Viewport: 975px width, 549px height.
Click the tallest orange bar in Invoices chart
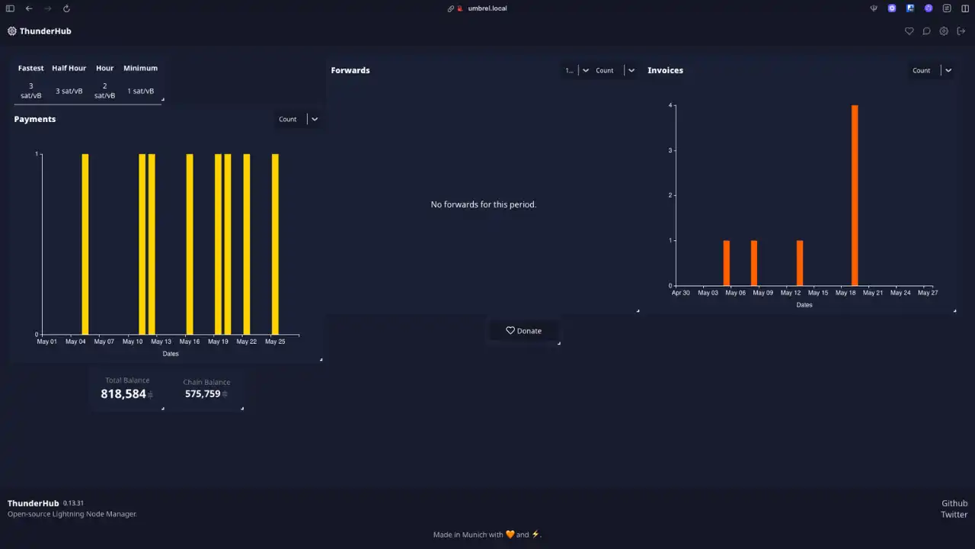click(855, 195)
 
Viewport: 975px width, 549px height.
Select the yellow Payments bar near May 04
click(85, 244)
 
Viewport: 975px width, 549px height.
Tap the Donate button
click(523, 331)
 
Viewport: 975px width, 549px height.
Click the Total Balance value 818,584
click(123, 394)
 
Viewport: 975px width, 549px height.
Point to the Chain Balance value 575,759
click(203, 394)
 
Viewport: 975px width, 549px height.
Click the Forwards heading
click(350, 70)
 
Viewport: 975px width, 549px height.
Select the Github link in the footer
click(954, 503)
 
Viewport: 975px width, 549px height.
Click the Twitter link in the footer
click(954, 515)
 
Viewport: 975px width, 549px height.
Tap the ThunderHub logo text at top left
click(45, 31)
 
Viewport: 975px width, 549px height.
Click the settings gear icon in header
click(944, 31)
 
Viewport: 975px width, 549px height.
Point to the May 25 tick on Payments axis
click(275, 342)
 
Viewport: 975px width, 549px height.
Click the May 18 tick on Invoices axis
click(846, 293)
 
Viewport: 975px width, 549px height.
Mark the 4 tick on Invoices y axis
click(670, 106)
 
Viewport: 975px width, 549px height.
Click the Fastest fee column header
click(31, 68)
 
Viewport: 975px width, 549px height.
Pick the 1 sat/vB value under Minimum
click(140, 91)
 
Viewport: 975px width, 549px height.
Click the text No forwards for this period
click(484, 204)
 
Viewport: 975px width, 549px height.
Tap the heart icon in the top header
click(909, 31)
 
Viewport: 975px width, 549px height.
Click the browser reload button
click(66, 8)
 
